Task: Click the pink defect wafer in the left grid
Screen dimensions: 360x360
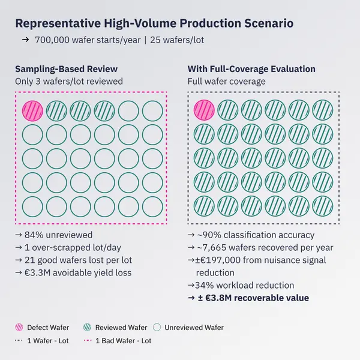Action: pyautogui.click(x=32, y=110)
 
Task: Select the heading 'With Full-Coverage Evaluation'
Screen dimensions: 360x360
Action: pyautogui.click(x=251, y=68)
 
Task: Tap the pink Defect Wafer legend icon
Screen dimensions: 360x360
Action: pyautogui.click(x=20, y=328)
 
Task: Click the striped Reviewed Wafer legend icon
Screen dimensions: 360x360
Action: pyautogui.click(x=87, y=328)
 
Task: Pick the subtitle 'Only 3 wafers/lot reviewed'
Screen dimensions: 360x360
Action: pyautogui.click(x=69, y=81)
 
